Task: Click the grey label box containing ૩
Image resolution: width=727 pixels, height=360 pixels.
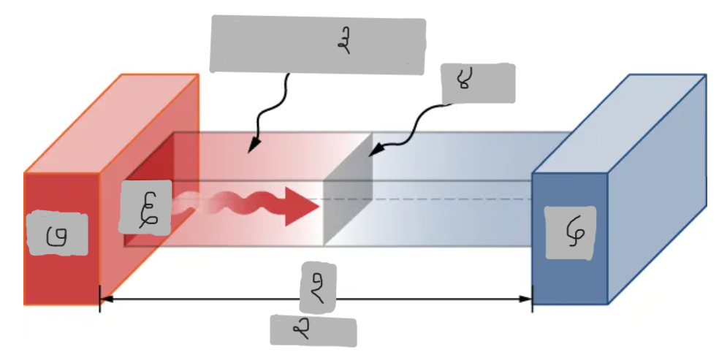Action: pyautogui.click(x=318, y=45)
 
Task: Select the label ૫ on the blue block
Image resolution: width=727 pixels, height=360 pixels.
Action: pyautogui.click(x=570, y=232)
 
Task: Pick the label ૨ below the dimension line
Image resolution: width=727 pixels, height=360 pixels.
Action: pyautogui.click(x=313, y=330)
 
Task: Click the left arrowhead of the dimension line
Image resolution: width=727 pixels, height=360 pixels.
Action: pyautogui.click(x=105, y=299)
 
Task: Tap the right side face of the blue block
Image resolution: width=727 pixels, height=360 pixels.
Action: pyautogui.click(x=658, y=190)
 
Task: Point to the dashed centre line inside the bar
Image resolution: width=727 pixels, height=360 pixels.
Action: pyautogui.click(x=453, y=199)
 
